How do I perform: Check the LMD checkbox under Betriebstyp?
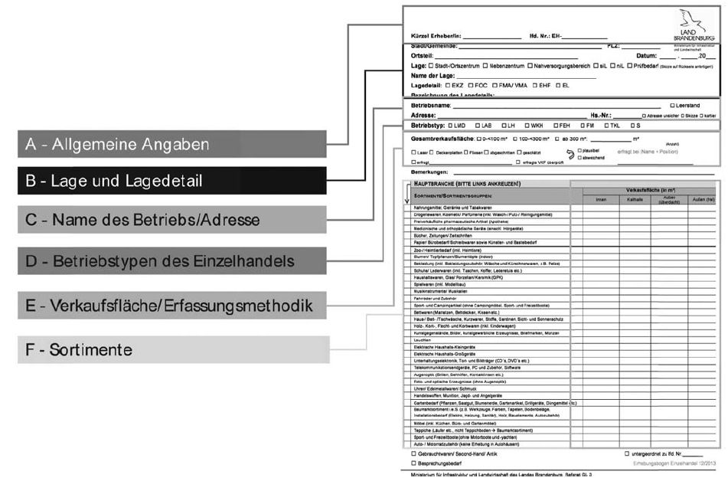pyautogui.click(x=452, y=126)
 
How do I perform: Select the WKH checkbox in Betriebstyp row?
pyautogui.click(x=528, y=126)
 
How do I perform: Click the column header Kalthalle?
pyautogui.click(x=635, y=199)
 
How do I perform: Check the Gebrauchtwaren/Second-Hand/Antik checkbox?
pyautogui.click(x=414, y=454)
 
